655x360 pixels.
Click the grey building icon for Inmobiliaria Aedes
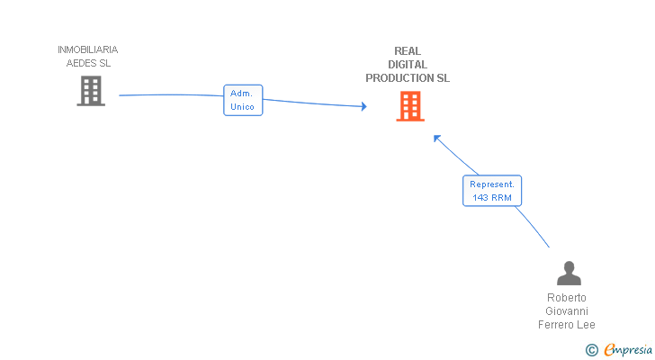(x=91, y=91)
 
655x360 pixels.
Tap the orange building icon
(x=410, y=107)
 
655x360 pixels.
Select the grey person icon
(x=569, y=273)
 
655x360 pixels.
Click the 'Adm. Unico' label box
(x=243, y=100)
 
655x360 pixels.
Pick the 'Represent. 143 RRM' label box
(x=492, y=190)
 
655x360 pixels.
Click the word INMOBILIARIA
(x=87, y=50)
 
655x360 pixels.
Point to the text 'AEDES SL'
(x=88, y=64)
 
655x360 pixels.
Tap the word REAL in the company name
(x=408, y=51)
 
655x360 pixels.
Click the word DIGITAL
(x=408, y=65)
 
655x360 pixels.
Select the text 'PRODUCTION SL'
(x=408, y=78)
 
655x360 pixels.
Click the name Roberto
(x=567, y=298)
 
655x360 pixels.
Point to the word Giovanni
(x=567, y=311)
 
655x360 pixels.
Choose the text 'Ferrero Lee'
(x=567, y=325)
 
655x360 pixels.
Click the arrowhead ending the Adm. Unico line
(x=363, y=106)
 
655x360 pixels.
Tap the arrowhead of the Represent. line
(x=436, y=138)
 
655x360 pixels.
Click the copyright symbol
(x=591, y=350)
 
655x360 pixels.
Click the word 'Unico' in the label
(x=243, y=107)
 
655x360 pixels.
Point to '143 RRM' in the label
(x=492, y=197)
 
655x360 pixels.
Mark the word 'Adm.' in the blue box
(x=241, y=94)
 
